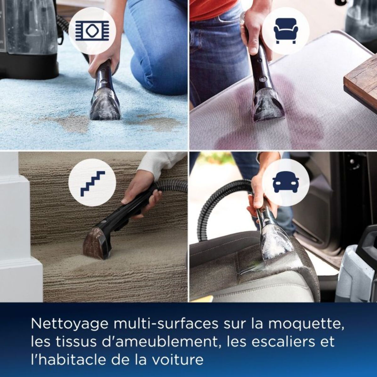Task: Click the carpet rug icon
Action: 92,31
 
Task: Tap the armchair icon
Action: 285,31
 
